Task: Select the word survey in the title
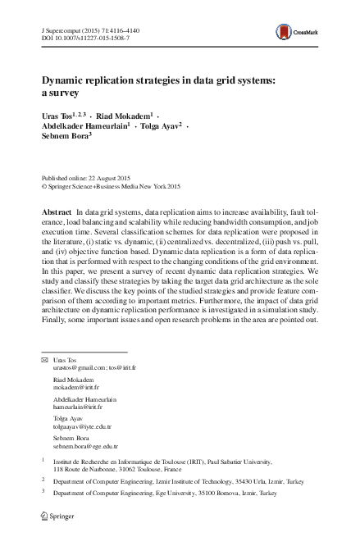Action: pyautogui.click(x=62, y=93)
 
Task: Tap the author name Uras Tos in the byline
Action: pyautogui.click(x=58, y=116)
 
